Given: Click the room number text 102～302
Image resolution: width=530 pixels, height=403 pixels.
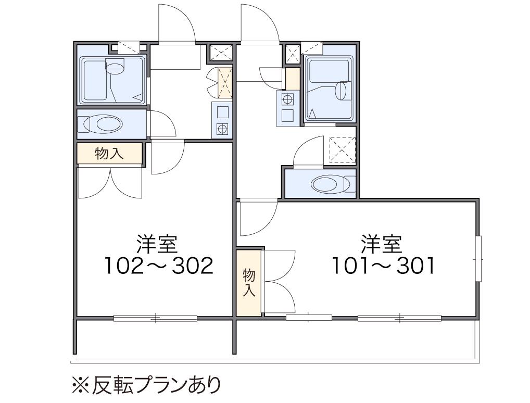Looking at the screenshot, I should click(x=159, y=266).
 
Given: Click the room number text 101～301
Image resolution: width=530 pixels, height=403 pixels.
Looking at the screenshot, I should click(x=384, y=266).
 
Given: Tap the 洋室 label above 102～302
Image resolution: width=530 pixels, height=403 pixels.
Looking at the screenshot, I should click(x=157, y=244).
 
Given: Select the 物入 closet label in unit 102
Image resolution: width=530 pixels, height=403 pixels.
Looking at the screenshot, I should click(x=109, y=153).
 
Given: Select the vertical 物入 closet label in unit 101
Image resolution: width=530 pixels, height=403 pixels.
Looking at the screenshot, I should click(x=249, y=283).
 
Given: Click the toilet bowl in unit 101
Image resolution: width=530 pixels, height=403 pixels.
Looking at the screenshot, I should click(x=328, y=184).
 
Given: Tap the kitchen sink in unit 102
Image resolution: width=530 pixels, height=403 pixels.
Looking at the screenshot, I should click(x=222, y=111).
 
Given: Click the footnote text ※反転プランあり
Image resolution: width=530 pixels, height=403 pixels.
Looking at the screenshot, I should click(x=146, y=385).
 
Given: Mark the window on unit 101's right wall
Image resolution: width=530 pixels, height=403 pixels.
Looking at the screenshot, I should click(x=478, y=259).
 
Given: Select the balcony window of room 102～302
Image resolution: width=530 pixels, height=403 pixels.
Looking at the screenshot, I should click(x=155, y=318).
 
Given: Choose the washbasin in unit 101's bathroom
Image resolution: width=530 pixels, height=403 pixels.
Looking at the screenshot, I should click(x=342, y=90).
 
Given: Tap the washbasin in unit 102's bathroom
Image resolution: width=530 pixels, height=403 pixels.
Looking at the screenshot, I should click(x=116, y=67).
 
